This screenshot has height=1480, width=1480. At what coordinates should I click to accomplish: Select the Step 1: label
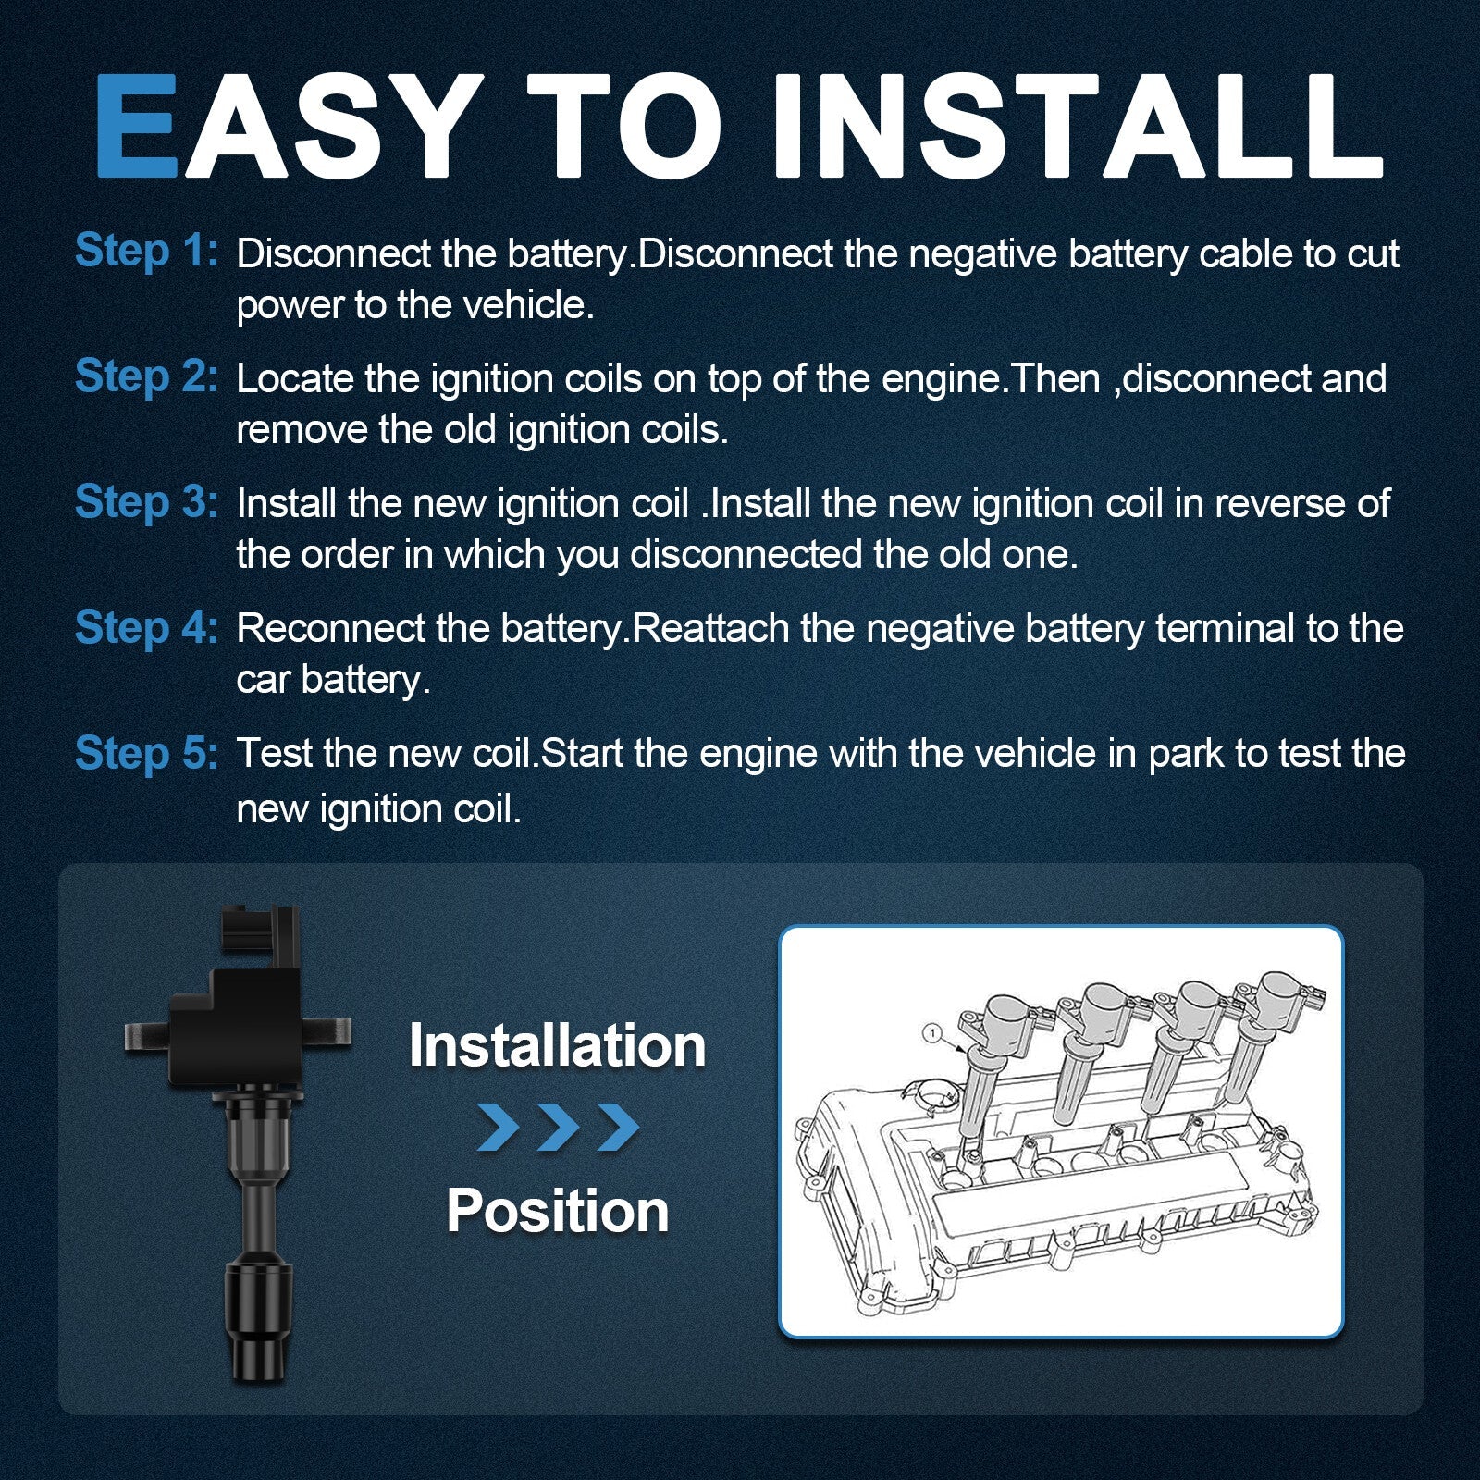click(146, 252)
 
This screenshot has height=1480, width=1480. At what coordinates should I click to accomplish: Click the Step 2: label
click(146, 377)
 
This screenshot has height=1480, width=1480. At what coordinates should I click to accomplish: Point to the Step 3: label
click(146, 502)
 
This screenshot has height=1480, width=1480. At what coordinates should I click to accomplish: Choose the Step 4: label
click(146, 627)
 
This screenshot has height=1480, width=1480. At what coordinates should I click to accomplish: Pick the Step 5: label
click(146, 753)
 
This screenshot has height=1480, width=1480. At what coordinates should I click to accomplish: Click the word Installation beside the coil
click(557, 1045)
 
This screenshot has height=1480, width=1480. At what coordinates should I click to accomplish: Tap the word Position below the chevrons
click(557, 1211)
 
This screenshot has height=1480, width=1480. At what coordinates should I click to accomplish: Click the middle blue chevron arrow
click(558, 1127)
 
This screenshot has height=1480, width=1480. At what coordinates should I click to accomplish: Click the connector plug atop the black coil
click(262, 936)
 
